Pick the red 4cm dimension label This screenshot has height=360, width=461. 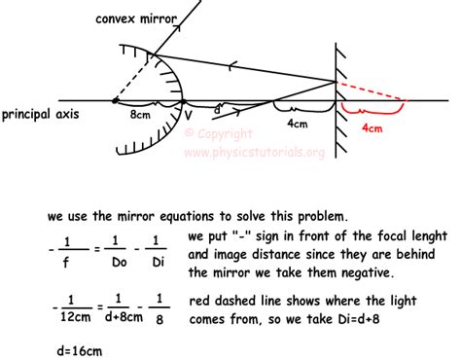(372, 126)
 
